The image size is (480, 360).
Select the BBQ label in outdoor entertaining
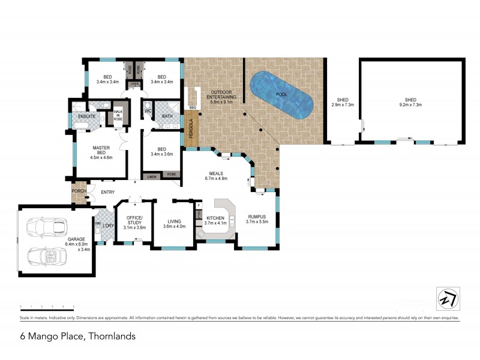tap(193, 108)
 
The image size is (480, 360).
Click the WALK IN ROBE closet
tap(119, 115)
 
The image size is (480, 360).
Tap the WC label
tap(147, 110)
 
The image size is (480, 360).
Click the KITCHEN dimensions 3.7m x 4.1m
tap(215, 223)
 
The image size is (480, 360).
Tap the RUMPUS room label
tap(259, 217)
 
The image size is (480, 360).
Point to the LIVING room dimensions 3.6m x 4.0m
tap(174, 227)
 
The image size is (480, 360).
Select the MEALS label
tap(215, 173)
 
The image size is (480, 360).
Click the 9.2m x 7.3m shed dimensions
tap(410, 105)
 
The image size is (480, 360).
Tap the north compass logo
tap(445, 297)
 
